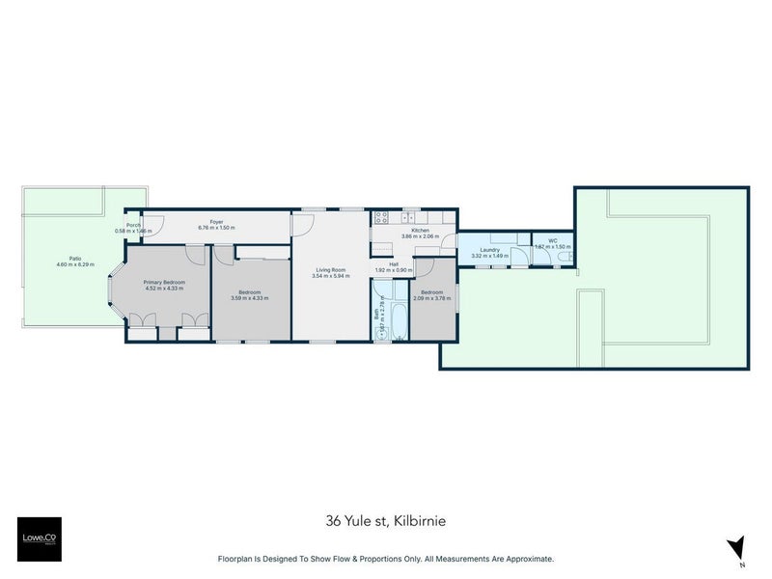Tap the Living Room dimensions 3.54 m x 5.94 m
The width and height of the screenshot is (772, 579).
(x=330, y=276)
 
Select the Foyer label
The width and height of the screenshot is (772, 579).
(x=216, y=221)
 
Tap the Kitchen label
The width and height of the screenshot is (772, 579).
(x=420, y=230)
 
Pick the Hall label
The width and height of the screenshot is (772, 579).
(x=394, y=263)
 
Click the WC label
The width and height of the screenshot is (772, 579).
(x=553, y=240)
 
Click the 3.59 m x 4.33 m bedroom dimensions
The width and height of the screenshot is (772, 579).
(x=250, y=297)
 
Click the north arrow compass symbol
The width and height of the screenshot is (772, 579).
(x=738, y=547)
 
